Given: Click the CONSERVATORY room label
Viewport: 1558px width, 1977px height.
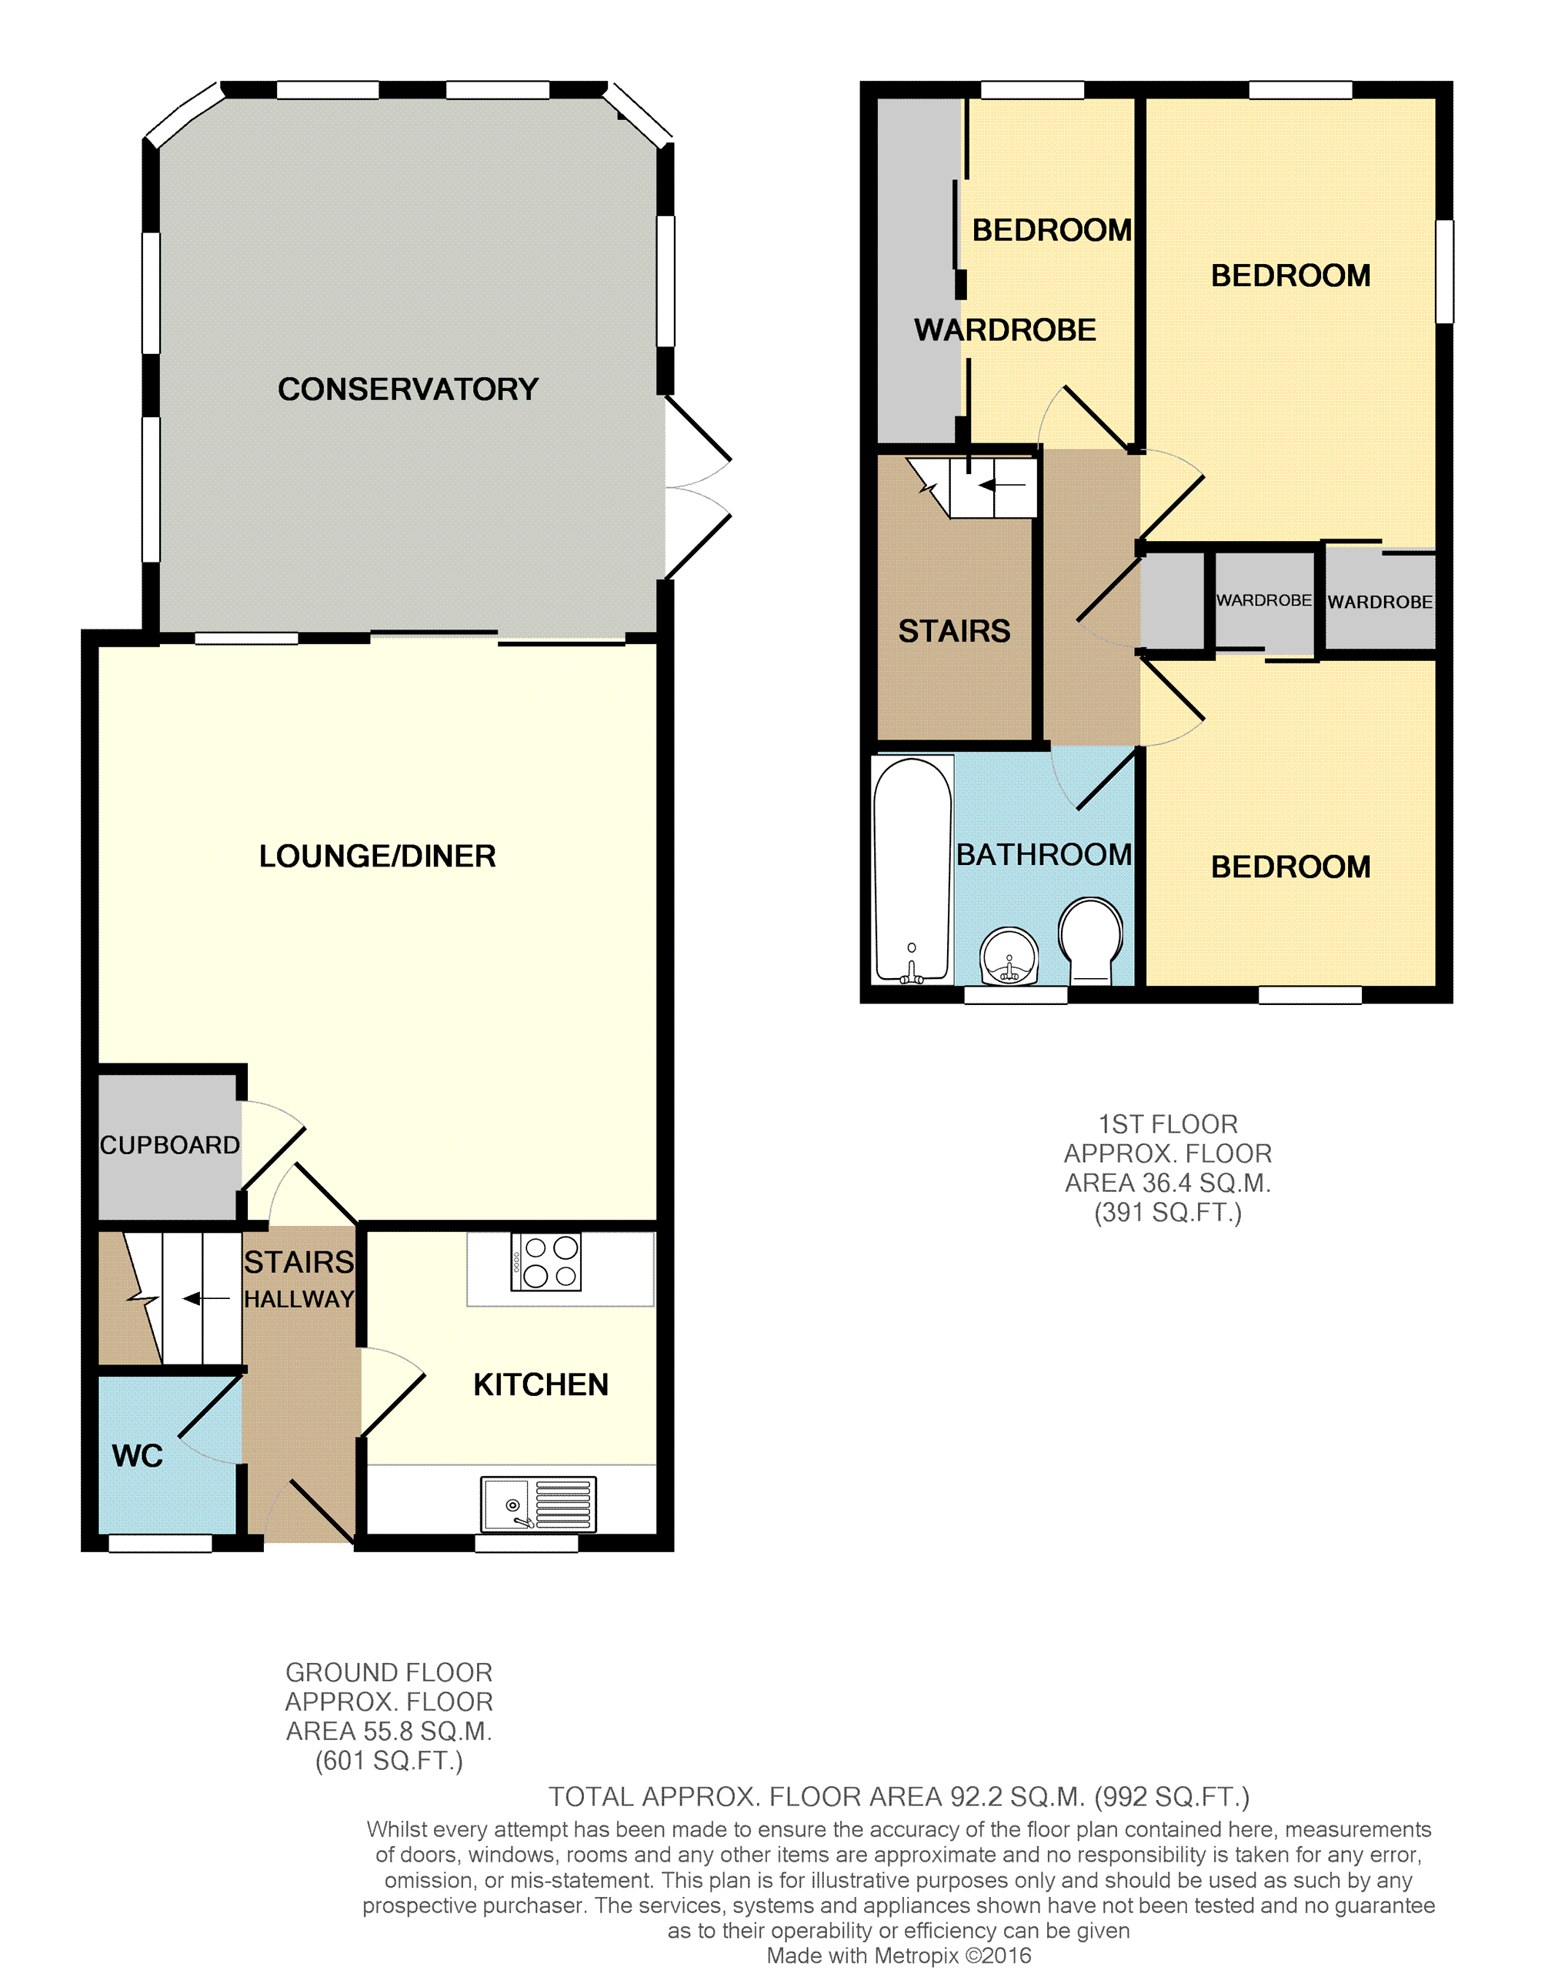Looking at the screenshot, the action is coord(408,389).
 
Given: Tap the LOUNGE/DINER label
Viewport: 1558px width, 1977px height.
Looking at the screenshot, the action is coord(378,857).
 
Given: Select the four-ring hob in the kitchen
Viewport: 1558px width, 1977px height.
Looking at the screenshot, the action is coord(546,1262).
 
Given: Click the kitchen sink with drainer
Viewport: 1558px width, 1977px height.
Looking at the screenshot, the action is coord(539,1504).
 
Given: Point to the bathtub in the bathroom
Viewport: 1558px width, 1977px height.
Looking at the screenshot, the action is coord(912,870).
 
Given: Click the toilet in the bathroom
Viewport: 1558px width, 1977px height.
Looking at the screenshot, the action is coord(1091,940).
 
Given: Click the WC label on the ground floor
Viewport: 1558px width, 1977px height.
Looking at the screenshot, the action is coord(138,1456).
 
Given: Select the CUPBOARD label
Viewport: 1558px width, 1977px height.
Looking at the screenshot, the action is coord(170,1145).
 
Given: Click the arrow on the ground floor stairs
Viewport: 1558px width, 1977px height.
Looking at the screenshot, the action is coord(206,1298).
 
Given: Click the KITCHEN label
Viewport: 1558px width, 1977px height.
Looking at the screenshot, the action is coord(541,1385).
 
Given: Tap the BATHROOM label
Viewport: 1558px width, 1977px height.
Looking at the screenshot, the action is coord(1045,855).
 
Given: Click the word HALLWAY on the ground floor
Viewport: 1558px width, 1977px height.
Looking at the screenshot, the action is coord(299,1299).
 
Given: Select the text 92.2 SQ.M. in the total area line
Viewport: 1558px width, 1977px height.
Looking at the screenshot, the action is coord(1018,1797).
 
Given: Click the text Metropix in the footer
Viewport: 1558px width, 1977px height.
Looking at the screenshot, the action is coord(917,1956).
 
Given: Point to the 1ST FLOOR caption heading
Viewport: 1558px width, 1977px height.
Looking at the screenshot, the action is coord(1168,1124).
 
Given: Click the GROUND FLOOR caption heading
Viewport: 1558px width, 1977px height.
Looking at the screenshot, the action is coord(389,1672).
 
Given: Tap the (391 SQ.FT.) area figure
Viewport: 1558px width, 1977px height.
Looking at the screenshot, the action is coord(1168,1213).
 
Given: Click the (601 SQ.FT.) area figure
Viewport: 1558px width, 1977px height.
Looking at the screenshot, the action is coord(389,1761).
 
